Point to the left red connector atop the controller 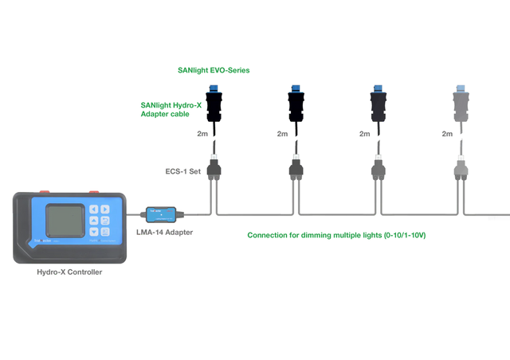point(45,190)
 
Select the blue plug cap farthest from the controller point(460,88)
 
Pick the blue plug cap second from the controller point(296,88)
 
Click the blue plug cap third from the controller point(378,88)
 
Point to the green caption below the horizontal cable point(336,236)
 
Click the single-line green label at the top point(213,69)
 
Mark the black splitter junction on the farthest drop point(461,168)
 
